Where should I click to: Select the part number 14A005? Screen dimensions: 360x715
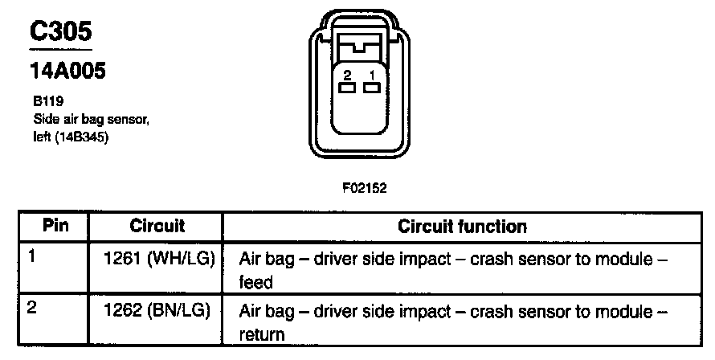[x=67, y=71]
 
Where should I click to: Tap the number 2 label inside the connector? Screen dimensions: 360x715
[x=348, y=75]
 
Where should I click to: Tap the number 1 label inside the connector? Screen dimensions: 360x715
[x=371, y=75]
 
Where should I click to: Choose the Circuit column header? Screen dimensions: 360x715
[x=157, y=226]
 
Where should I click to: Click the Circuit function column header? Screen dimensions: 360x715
[x=463, y=226]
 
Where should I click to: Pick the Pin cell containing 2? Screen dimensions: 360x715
[x=33, y=309]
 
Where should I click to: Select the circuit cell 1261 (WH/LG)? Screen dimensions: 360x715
[x=158, y=260]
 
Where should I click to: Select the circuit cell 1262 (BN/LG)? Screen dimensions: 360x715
[x=158, y=312]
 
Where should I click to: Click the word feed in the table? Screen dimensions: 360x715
[x=257, y=283]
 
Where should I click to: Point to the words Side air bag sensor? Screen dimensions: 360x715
[x=88, y=120]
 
